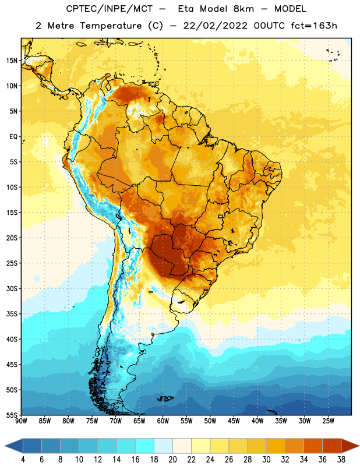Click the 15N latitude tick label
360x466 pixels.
coord(12,61)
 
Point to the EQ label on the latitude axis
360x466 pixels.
coord(13,137)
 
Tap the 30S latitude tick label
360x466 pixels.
coord(12,288)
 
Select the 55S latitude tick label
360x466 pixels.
coord(12,415)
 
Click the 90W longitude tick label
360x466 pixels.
coord(21,421)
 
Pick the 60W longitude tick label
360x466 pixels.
coord(163,421)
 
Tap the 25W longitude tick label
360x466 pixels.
coord(328,421)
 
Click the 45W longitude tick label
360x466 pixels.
coord(234,421)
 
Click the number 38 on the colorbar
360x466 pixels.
coord(341,460)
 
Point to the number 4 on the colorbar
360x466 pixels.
coord(23,460)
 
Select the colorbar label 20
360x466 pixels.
coord(172,460)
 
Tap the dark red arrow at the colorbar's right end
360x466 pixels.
coord(350,446)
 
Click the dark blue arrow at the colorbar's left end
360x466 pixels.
coord(13,446)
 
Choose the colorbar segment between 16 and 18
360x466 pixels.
coord(144,446)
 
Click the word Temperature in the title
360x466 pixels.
coord(111,26)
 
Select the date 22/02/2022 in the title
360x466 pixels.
coord(215,26)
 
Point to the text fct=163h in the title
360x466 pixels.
coord(314,26)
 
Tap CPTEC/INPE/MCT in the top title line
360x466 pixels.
coord(109,9)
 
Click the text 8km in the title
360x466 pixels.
coord(243,9)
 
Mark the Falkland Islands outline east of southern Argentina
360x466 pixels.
coord(165,398)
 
